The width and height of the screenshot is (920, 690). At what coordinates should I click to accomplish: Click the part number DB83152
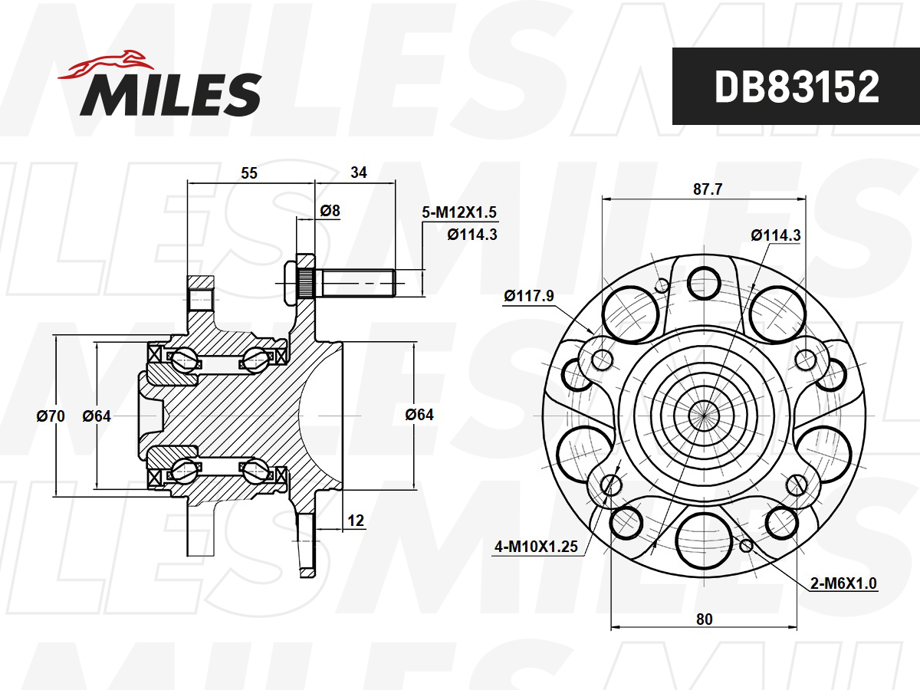pos(797,87)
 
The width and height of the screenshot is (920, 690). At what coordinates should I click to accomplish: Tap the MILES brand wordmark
pos(171,94)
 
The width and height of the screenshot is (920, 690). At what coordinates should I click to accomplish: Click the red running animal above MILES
pos(107,64)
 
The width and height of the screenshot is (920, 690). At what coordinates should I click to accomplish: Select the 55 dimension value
pos(249,173)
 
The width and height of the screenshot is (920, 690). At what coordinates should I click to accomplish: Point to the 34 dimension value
pos(359,172)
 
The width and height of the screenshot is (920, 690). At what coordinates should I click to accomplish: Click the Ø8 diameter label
pos(330,210)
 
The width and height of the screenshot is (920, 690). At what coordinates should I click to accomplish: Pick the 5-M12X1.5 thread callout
pos(459,212)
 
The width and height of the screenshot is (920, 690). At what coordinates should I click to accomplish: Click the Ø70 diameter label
pos(51,416)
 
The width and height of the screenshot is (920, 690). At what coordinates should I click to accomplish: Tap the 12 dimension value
pos(356,521)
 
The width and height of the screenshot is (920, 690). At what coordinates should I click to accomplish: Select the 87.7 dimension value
pos(708,189)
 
